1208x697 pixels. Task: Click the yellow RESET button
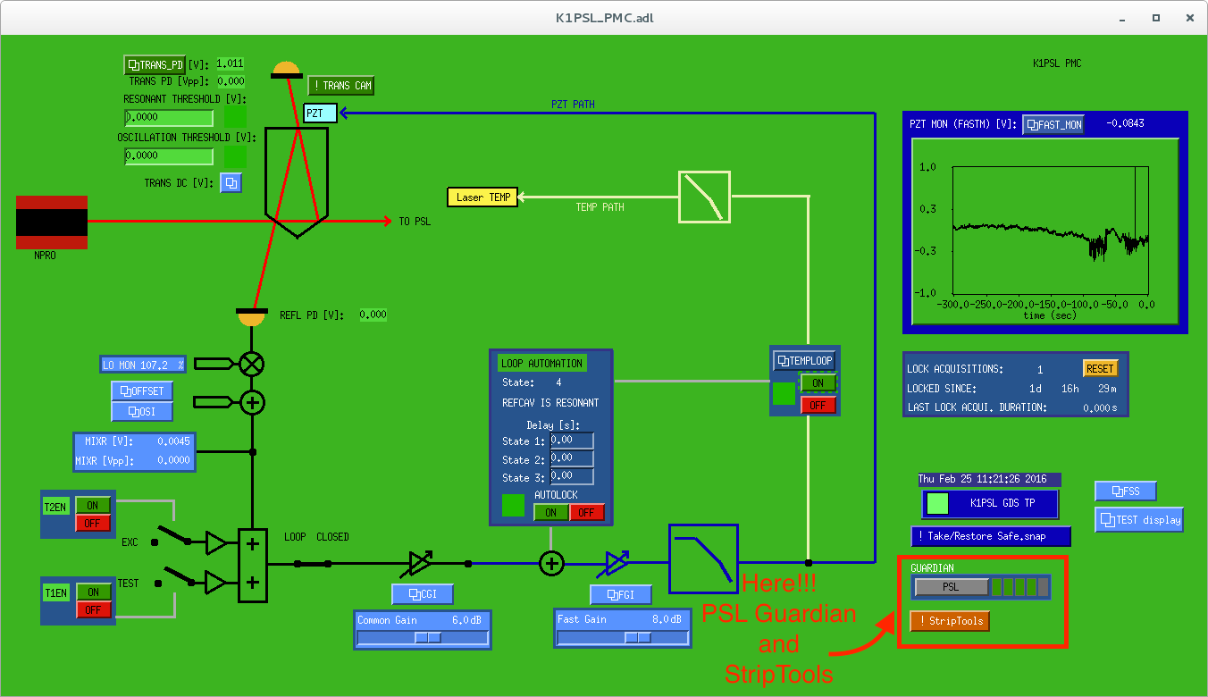tap(1100, 368)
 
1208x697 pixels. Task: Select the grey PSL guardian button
tap(952, 587)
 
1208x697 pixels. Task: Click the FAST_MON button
tap(1053, 124)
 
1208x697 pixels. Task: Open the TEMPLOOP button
tap(805, 360)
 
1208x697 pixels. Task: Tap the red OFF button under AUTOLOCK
tap(586, 513)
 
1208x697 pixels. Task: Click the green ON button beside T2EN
tap(93, 506)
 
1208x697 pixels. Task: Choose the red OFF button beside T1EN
tap(93, 609)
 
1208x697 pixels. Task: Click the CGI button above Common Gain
tap(423, 594)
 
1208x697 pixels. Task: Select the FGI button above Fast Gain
tap(621, 594)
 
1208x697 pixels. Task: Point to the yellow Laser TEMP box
tap(482, 197)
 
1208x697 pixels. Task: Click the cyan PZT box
tap(320, 113)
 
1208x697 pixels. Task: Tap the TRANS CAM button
tap(340, 85)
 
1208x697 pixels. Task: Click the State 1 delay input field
tap(572, 441)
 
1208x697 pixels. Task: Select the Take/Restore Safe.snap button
tap(991, 536)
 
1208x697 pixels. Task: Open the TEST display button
tap(1139, 519)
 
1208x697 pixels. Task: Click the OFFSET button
tap(142, 391)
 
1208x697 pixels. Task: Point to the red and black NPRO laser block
tap(52, 223)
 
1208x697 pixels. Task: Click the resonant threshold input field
tap(169, 117)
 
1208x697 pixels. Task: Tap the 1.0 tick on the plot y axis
tap(927, 167)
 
